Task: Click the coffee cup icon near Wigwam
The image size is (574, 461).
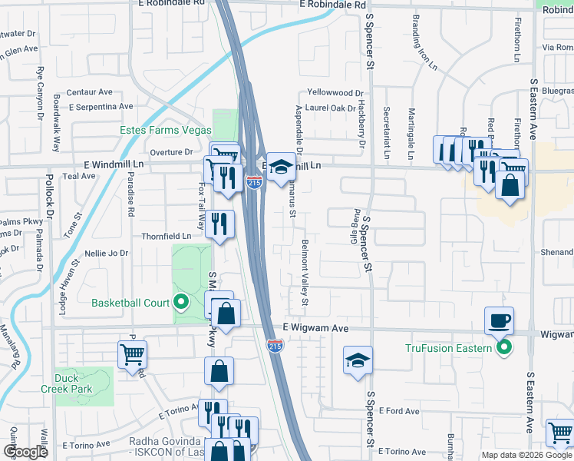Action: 499,320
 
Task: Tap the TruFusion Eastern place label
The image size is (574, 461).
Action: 447,349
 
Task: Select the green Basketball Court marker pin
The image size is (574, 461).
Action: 182,302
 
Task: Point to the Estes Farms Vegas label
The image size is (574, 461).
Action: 165,130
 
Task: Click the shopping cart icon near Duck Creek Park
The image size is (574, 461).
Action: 132,355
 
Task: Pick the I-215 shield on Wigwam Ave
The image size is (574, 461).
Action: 275,346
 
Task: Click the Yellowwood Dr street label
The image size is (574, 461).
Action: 335,92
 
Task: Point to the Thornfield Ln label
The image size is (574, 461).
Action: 166,236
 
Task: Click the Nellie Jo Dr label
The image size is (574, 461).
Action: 107,253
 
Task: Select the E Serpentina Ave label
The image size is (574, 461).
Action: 101,106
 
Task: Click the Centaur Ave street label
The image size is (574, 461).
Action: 90,92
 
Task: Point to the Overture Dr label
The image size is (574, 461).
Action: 170,152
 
